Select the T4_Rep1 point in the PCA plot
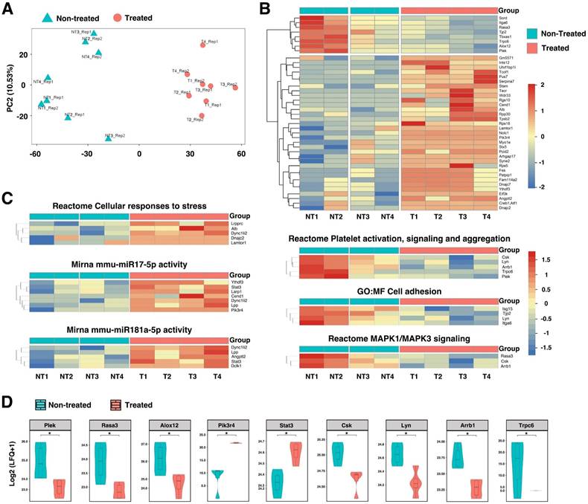click(202, 45)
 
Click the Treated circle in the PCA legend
click(121, 17)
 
